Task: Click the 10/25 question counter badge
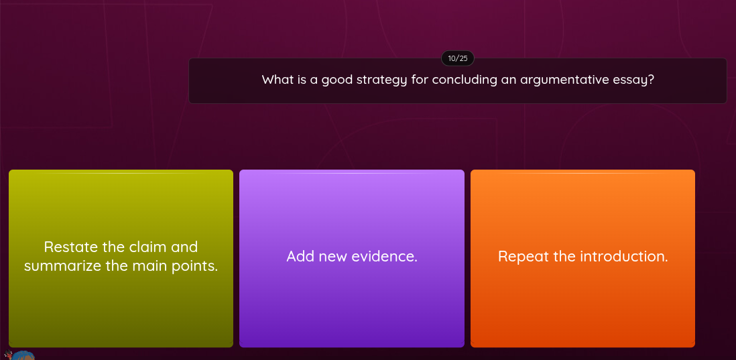[457, 58]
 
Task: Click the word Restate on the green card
[71, 247]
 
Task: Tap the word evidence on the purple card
[385, 257]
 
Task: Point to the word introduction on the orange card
[623, 257]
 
